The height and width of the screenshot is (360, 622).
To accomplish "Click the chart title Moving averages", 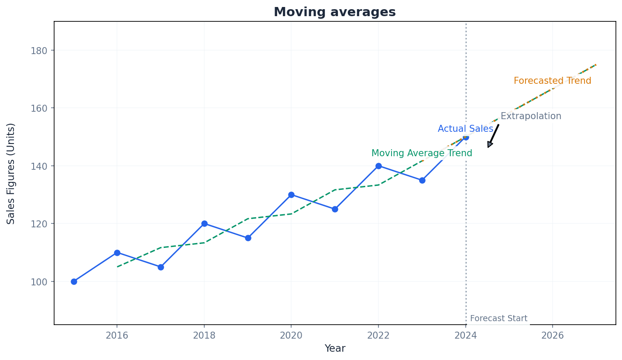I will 334,12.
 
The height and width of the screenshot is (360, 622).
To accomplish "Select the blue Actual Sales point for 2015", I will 74,281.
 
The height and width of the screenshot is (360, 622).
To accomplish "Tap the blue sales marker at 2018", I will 204,223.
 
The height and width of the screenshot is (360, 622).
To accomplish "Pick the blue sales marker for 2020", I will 291,195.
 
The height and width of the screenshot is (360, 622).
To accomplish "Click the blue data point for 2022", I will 378,166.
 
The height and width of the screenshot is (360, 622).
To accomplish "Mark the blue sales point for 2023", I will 422,180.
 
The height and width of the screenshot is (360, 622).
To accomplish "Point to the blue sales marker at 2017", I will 161,267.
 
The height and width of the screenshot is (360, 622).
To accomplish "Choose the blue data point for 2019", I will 248,238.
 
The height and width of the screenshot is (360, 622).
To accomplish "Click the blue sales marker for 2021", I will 335,209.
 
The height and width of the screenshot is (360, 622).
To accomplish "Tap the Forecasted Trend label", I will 552,81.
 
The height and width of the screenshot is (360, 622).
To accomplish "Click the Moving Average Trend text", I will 422,154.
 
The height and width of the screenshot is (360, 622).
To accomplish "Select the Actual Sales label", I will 465,129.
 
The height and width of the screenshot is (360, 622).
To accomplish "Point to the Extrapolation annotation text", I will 531,117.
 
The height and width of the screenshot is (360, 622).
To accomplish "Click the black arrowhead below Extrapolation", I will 490,145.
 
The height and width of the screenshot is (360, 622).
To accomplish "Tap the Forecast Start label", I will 498,319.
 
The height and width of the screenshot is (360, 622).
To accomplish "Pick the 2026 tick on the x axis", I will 553,335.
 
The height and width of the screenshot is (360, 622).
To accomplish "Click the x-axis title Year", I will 335,349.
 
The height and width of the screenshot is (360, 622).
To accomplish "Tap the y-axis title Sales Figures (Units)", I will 11,173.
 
